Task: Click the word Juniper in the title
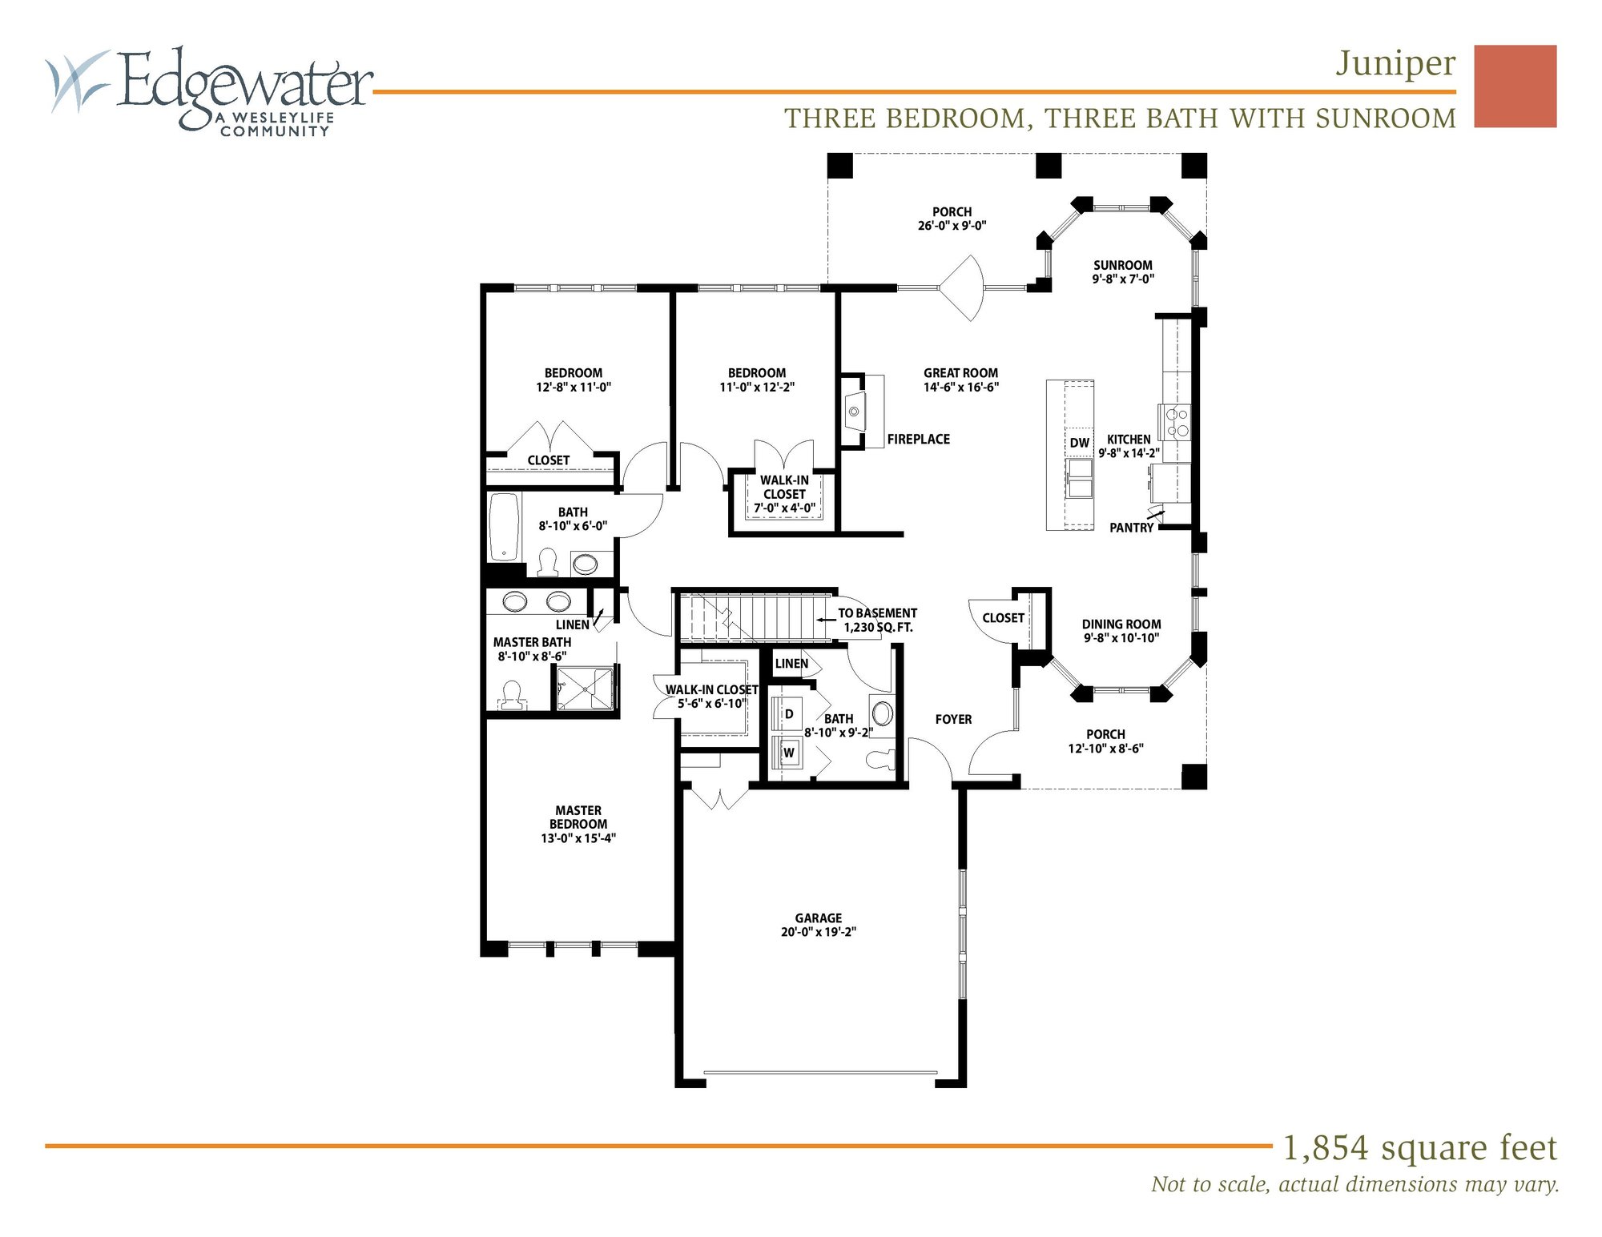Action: [1395, 64]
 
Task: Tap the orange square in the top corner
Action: [1515, 86]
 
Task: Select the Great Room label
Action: [960, 373]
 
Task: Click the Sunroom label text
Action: [1122, 266]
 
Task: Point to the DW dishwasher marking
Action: [1079, 443]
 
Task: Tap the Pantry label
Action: [1131, 528]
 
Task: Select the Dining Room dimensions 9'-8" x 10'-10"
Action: [1121, 638]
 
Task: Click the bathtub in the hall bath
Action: [504, 527]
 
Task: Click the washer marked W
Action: [788, 753]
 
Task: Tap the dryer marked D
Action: [788, 713]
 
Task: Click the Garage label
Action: [818, 918]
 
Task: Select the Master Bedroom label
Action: [578, 817]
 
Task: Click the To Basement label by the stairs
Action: [877, 613]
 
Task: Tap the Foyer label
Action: [953, 720]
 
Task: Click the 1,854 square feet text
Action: [1419, 1148]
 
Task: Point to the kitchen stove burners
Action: [1175, 423]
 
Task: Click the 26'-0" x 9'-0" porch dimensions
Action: [952, 227]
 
